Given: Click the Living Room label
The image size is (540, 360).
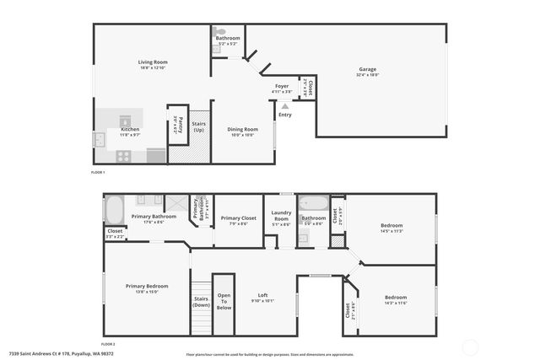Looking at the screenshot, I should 153,62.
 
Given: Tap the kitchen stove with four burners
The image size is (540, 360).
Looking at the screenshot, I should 122,155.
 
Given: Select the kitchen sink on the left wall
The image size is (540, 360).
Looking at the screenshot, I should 99,140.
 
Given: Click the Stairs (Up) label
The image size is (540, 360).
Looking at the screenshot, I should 198,126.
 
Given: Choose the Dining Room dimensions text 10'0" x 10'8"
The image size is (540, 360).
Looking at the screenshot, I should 241,135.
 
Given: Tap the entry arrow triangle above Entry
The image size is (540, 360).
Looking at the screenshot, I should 285,107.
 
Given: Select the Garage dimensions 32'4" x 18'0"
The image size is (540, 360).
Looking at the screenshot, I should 369,74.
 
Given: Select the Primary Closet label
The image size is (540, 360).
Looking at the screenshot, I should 235,218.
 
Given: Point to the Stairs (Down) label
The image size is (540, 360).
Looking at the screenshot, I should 201,302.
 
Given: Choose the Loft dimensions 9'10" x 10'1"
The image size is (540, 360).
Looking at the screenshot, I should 262,300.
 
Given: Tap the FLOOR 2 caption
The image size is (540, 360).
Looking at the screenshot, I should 109,345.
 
